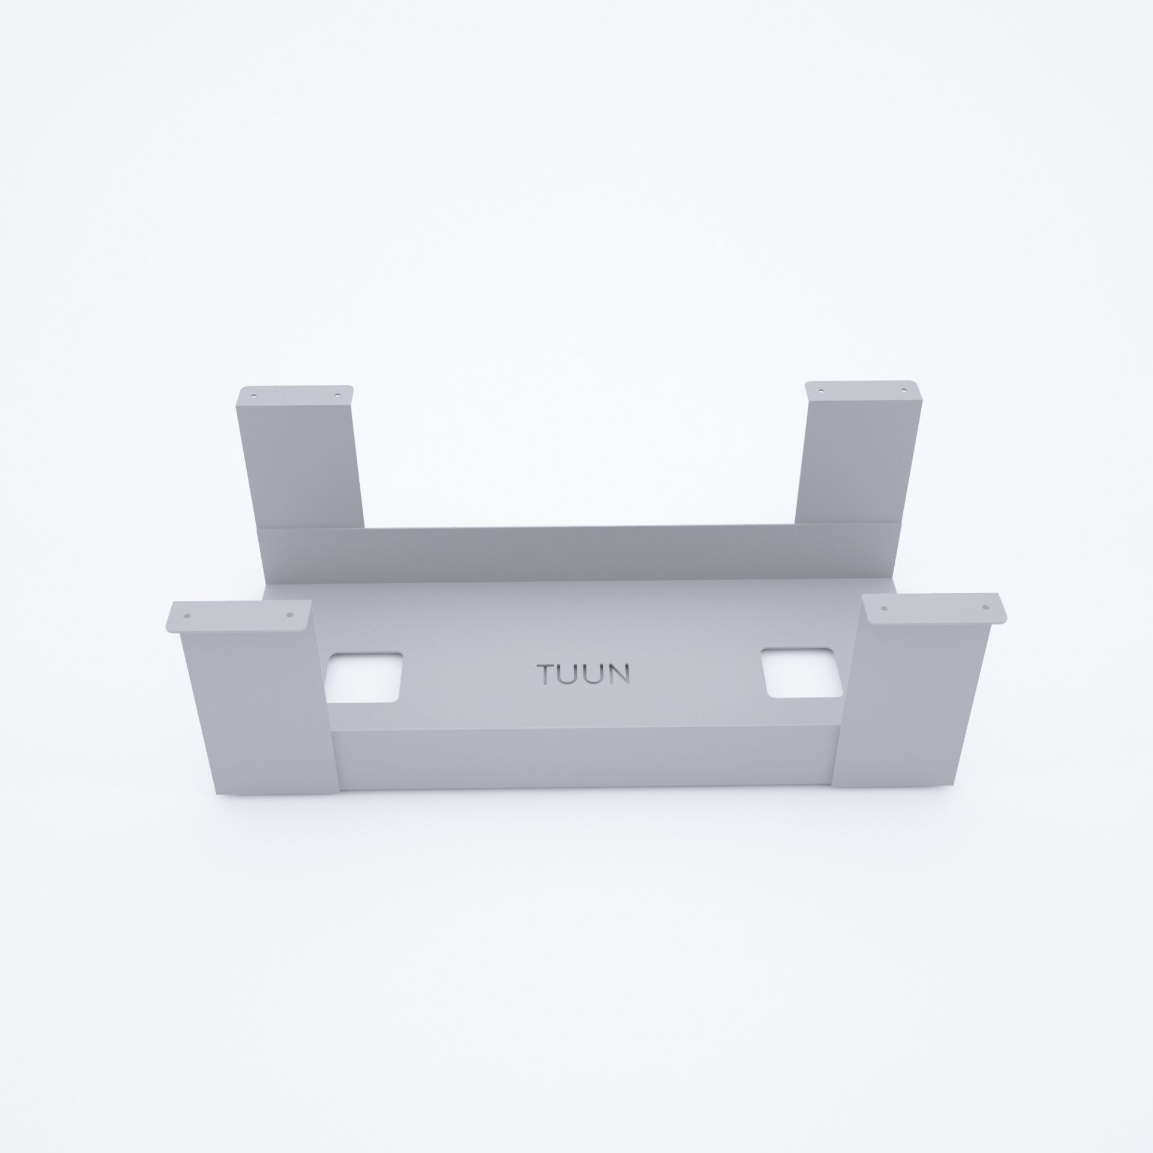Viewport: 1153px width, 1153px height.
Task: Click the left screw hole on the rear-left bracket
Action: point(253,397)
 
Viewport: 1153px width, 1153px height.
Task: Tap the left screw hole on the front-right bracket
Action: point(883,608)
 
